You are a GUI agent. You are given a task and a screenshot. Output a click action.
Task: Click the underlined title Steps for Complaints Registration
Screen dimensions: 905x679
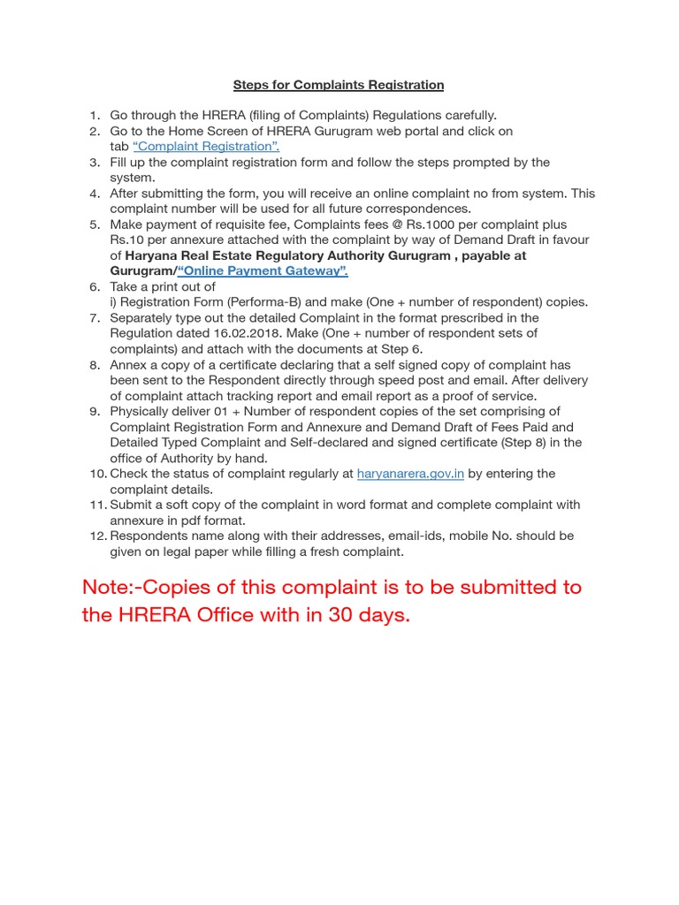pos(339,85)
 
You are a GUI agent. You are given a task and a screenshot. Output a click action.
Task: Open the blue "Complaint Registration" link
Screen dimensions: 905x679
pos(206,147)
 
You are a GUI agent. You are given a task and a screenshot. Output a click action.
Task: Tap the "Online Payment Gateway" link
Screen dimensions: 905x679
pos(263,271)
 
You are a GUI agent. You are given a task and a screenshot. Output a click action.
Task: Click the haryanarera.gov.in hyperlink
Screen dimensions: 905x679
pos(410,474)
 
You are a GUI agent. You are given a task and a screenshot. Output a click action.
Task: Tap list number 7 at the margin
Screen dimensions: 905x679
pos(95,318)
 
